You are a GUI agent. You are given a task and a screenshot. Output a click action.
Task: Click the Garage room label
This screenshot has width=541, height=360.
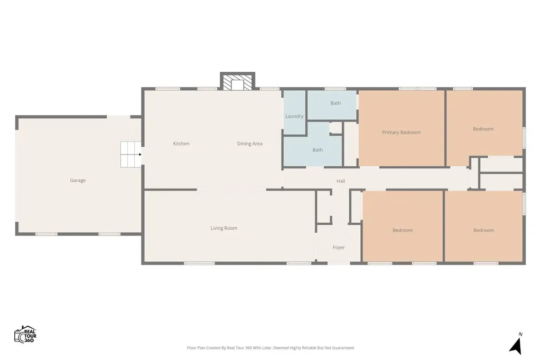(78, 181)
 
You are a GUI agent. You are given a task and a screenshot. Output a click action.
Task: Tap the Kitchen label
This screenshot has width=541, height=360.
(181, 144)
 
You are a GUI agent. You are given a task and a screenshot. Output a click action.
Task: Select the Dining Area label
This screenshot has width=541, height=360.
(250, 144)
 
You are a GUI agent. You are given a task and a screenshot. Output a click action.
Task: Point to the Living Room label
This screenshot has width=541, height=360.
(224, 228)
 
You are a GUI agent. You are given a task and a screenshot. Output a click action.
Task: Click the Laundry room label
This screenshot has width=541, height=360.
(294, 116)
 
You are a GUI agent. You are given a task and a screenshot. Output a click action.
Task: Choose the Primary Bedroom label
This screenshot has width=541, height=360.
(402, 132)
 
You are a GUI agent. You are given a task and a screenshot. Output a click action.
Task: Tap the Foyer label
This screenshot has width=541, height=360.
(339, 248)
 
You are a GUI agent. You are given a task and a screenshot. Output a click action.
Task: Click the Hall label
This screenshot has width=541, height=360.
(341, 181)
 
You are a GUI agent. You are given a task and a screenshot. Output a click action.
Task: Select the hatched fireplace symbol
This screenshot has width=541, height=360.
(238, 82)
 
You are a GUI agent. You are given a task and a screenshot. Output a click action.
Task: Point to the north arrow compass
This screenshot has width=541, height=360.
(516, 346)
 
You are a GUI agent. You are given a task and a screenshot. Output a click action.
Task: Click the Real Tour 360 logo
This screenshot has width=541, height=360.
(25, 335)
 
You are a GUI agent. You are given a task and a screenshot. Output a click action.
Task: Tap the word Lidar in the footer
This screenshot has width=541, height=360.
(266, 348)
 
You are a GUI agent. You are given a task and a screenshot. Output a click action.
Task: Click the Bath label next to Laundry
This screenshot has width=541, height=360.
(335, 103)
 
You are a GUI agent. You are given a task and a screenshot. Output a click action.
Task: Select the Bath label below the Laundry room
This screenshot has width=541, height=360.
(318, 150)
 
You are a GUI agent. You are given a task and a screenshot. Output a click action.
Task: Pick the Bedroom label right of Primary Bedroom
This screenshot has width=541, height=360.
(483, 129)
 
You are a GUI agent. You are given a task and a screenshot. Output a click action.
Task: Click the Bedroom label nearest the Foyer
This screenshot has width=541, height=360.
(403, 230)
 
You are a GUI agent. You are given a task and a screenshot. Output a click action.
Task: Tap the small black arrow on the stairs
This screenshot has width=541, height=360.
(140, 155)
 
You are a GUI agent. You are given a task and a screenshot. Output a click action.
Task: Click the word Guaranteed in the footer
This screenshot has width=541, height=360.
(343, 348)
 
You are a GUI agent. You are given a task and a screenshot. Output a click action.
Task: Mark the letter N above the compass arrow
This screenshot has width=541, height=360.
(520, 334)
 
